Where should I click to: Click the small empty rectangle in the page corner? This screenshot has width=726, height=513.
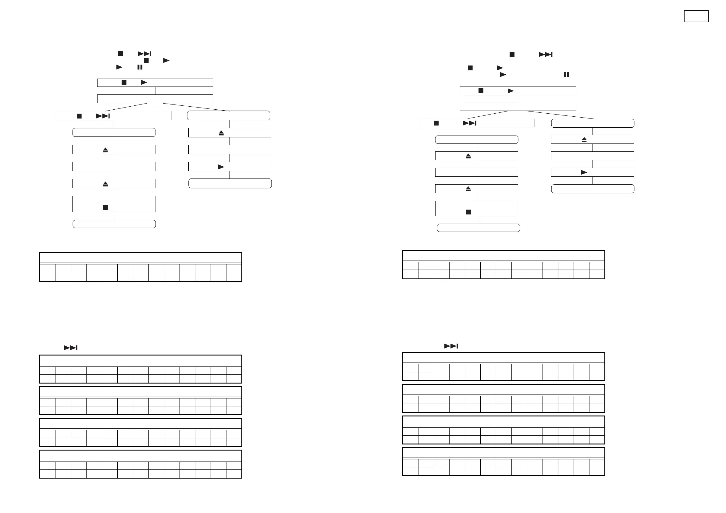696,16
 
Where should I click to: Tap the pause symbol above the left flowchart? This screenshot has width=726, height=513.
140,67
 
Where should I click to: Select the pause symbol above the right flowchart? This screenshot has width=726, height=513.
566,75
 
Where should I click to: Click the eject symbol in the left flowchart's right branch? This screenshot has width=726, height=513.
221,133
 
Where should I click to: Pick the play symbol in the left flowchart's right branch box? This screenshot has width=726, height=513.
221,167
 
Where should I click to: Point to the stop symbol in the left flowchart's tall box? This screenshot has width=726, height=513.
105,208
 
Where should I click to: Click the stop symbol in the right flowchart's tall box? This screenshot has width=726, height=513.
468,212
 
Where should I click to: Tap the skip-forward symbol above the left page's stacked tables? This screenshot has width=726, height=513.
70,348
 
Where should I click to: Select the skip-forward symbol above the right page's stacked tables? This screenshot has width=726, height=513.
451,346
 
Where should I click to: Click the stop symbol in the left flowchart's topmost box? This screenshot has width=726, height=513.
124,83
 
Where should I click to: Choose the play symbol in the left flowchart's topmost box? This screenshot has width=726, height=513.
144,83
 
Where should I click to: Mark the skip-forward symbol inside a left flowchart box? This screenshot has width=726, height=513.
103,116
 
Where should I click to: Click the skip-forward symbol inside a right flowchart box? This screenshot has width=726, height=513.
469,123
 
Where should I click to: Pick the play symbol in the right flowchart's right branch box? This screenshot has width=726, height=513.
584,172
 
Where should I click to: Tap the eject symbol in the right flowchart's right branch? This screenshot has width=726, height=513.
584,140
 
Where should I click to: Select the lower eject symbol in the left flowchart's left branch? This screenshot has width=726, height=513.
105,184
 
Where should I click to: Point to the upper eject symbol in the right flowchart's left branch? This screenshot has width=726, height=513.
468,156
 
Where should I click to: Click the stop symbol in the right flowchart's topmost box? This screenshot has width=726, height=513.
481,91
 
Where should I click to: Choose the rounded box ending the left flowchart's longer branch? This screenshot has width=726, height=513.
114,224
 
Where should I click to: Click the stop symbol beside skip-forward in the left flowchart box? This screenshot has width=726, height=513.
79,116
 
